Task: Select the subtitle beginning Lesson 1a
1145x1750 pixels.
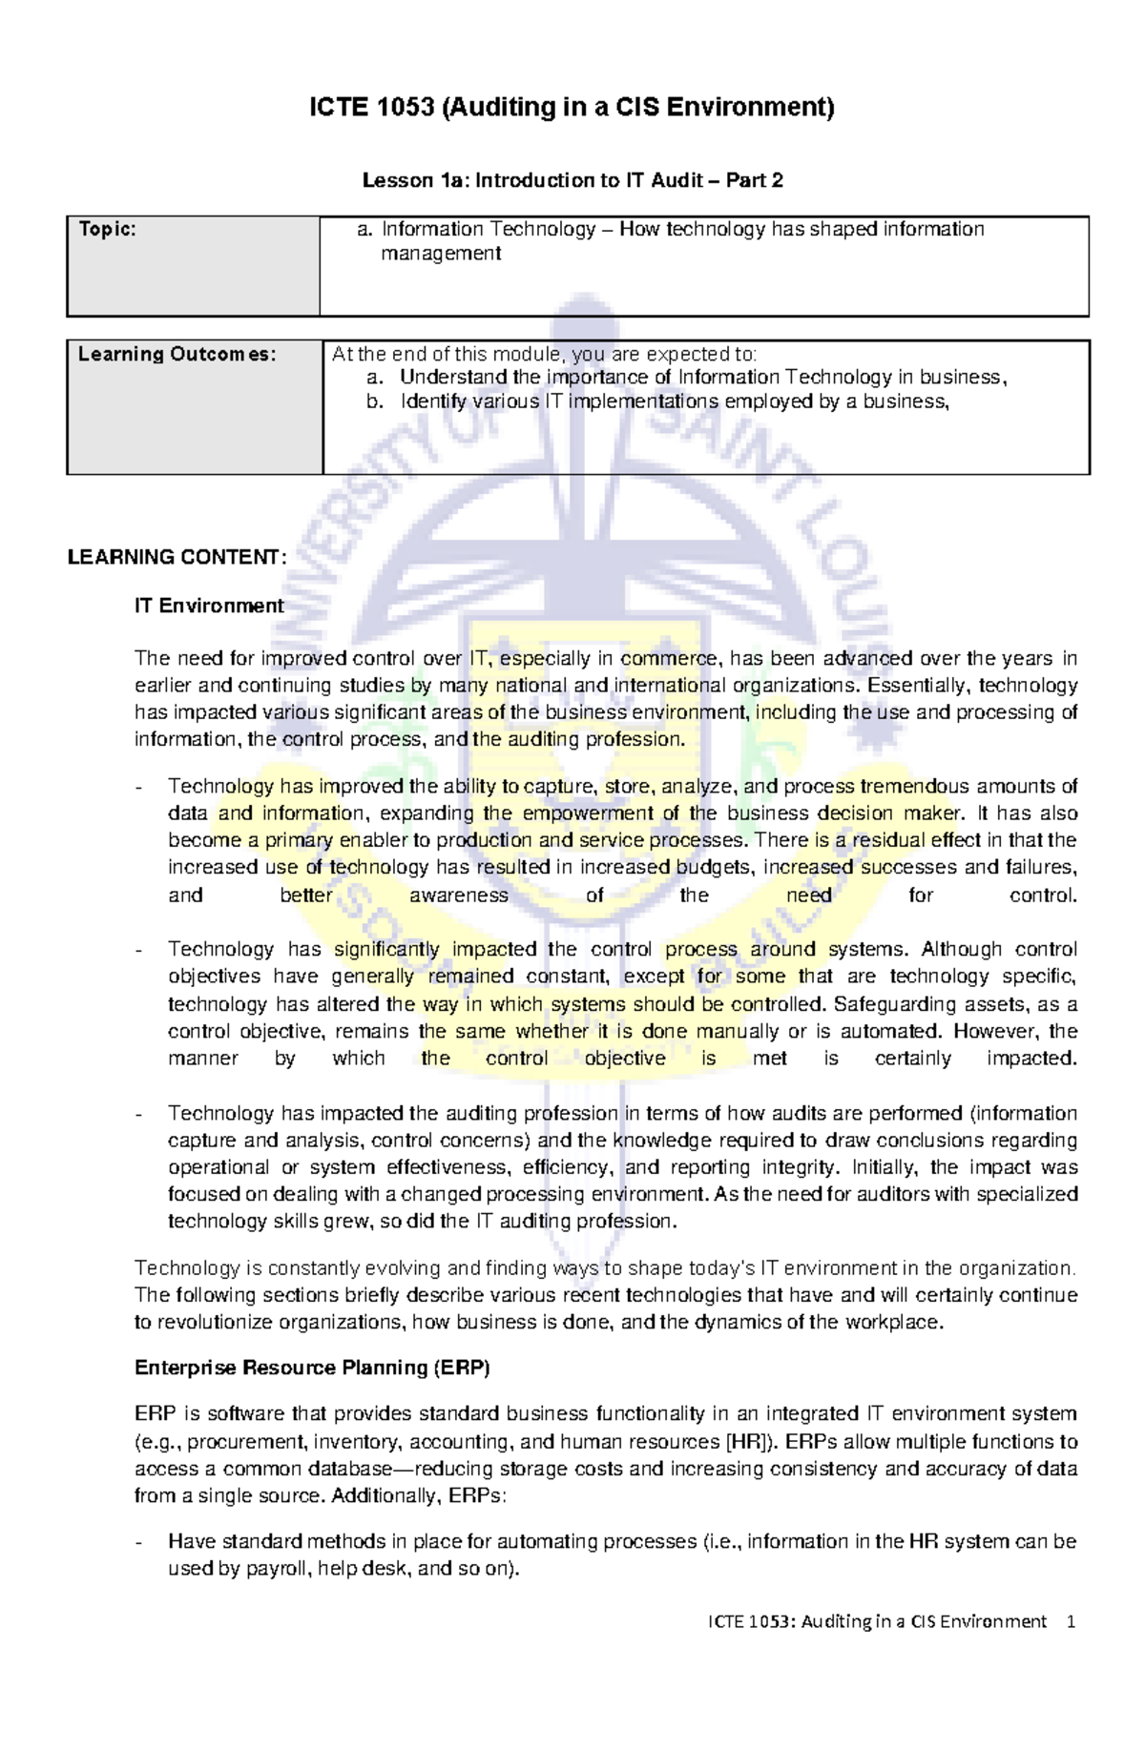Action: tap(572, 180)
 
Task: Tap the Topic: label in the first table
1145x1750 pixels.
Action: tap(107, 230)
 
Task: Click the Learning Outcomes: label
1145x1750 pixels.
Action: tap(177, 355)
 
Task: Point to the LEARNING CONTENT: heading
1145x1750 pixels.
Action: tap(177, 558)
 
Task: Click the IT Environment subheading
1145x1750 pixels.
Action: tap(209, 606)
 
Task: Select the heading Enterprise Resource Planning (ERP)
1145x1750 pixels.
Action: tap(311, 1368)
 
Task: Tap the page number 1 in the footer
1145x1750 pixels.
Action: tap(1072, 1621)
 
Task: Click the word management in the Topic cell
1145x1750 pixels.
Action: tap(440, 254)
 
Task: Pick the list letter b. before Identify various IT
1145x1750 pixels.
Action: tap(374, 401)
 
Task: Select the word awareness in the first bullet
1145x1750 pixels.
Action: tap(458, 896)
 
